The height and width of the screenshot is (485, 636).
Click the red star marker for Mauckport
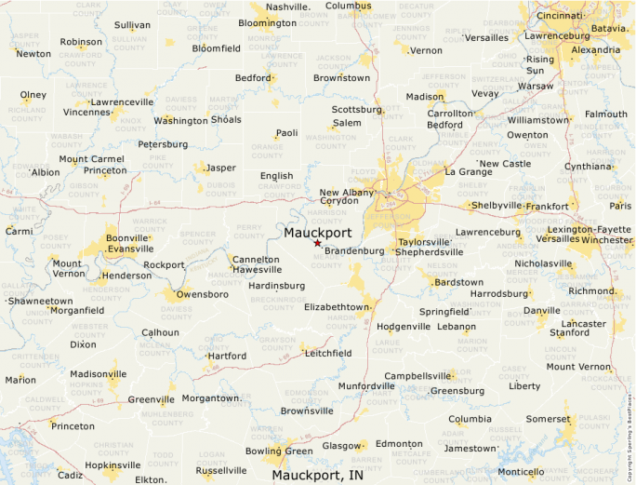pos(317,243)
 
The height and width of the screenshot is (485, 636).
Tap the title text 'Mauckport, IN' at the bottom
pos(318,475)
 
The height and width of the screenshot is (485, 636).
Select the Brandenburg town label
pos(354,250)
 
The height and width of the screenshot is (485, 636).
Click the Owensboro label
pos(202,294)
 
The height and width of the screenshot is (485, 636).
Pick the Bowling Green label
pos(279,451)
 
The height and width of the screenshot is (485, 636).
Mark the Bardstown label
pos(459,282)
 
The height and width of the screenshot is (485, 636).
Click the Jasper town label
pos(220,168)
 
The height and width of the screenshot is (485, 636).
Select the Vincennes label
pos(87,112)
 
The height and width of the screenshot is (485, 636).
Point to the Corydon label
pos(339,200)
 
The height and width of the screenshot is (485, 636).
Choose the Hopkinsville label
pos(113,465)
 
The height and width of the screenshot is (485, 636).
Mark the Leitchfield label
pos(328,353)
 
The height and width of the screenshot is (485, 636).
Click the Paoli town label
pos(286,133)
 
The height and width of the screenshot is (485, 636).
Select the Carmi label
pos(19,231)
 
